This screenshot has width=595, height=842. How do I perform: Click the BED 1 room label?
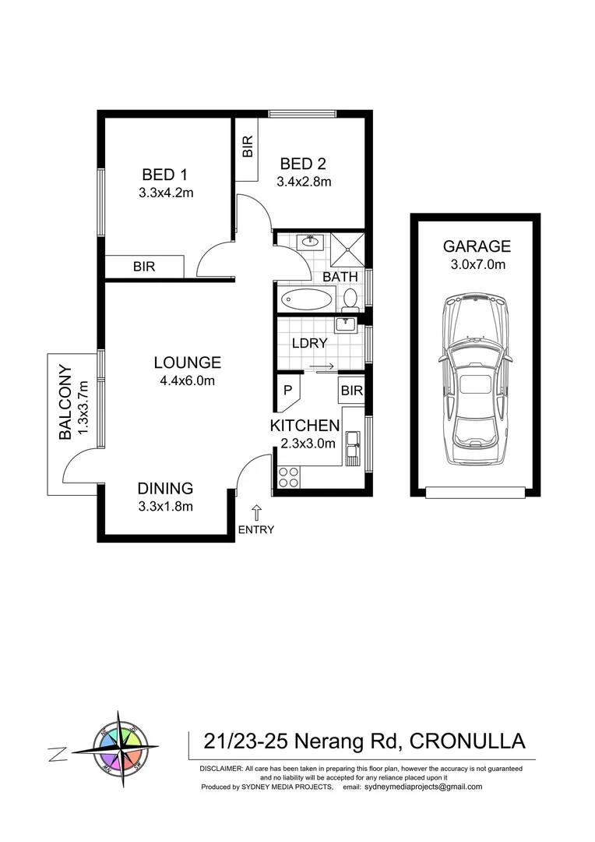point(164,175)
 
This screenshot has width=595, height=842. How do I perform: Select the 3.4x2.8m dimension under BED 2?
point(304,182)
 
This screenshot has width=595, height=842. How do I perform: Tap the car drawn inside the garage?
point(475,380)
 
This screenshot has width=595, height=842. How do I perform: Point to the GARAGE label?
point(477,246)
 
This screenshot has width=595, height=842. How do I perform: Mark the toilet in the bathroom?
point(351,298)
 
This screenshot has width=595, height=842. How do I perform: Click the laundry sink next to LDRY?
point(347,324)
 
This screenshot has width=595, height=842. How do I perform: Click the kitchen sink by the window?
point(354,448)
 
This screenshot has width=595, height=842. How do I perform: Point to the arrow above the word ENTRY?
point(256,512)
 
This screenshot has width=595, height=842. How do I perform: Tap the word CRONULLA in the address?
point(466,740)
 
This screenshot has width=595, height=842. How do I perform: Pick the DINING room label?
point(165,489)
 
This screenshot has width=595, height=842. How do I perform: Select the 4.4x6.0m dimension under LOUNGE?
point(187,380)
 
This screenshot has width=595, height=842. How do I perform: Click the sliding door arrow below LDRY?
point(322,367)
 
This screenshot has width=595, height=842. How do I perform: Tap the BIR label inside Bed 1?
point(144,267)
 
